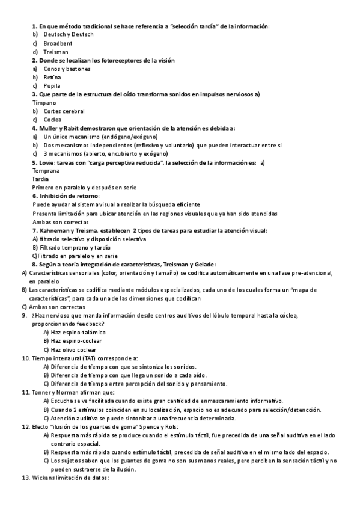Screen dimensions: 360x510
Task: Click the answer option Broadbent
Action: pyautogui.click(x=58, y=43)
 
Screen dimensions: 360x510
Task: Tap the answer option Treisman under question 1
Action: pyautogui.click(x=56, y=52)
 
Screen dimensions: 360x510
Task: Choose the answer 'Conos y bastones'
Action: pyautogui.click(x=67, y=69)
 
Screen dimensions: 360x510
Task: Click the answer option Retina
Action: pyautogui.click(x=52, y=78)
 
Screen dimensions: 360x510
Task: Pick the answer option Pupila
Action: pyautogui.click(x=52, y=86)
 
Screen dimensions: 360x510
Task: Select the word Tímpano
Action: pyautogui.click(x=44, y=103)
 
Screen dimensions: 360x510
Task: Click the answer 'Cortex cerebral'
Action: pyautogui.click(x=64, y=111)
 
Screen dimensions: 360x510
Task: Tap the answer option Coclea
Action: pyautogui.click(x=52, y=120)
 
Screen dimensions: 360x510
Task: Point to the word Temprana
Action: pyautogui.click(x=46, y=171)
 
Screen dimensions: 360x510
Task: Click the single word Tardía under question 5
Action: pyautogui.click(x=41, y=179)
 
